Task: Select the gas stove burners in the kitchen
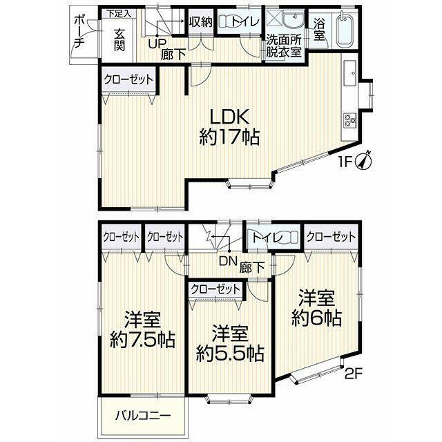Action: point(350,119)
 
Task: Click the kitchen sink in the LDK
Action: point(350,73)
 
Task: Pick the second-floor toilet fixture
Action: point(290,236)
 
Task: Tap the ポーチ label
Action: point(79,32)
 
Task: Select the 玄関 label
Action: point(119,40)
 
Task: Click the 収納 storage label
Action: point(201,21)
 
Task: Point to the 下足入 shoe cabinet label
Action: point(119,14)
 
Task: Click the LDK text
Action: point(229,117)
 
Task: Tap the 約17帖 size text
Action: point(229,137)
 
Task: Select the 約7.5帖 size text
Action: point(143,340)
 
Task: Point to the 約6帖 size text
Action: point(316,318)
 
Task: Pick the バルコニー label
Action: point(143,416)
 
